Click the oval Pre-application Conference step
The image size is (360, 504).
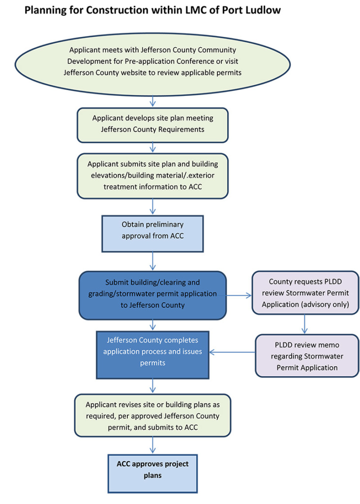point(153,61)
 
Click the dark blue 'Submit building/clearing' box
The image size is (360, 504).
point(152,294)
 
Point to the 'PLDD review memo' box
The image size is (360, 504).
point(307,356)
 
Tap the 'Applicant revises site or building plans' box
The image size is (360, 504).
point(152,415)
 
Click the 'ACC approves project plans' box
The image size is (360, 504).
point(152,470)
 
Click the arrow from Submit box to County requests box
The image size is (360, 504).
point(239,296)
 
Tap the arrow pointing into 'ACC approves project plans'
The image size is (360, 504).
point(153,445)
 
